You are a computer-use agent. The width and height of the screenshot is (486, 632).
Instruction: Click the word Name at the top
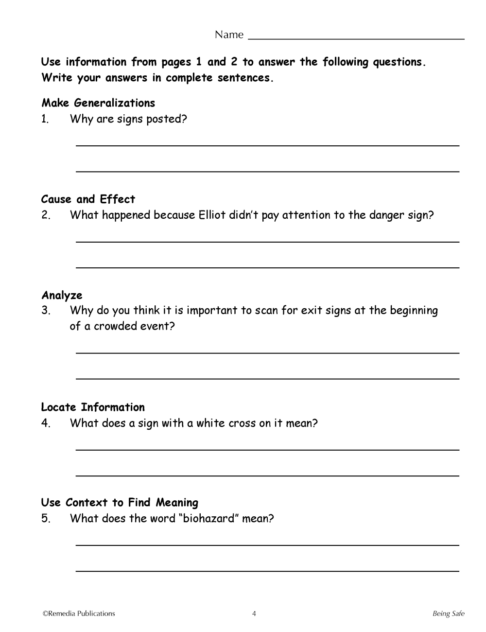tap(229, 35)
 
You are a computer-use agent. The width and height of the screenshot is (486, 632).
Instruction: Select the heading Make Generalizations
tap(98, 103)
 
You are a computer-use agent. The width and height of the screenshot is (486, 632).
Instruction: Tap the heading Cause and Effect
tap(88, 199)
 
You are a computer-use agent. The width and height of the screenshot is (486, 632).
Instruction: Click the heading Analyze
tap(62, 296)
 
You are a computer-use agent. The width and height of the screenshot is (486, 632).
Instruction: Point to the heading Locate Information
tap(93, 407)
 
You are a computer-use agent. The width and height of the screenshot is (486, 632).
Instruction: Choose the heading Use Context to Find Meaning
tap(120, 503)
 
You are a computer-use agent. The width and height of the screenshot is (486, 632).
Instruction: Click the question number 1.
tap(45, 119)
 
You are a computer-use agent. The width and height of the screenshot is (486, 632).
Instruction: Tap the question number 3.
tap(46, 311)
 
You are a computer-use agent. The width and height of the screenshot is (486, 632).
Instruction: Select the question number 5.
tap(46, 519)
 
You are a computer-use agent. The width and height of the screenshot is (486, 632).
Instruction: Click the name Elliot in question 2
tap(212, 215)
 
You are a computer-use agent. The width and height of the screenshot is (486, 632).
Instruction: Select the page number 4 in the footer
tap(254, 614)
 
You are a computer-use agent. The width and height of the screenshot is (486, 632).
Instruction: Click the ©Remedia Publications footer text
tap(79, 614)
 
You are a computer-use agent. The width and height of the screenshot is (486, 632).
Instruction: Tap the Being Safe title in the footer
tap(448, 614)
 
